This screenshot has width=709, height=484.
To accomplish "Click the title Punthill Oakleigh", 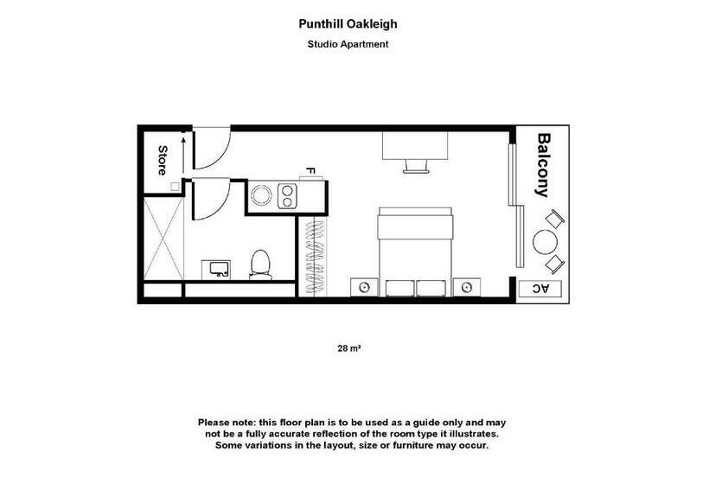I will coord(349,24).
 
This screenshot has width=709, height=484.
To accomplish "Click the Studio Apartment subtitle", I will coord(349,44).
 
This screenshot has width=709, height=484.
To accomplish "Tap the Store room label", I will coord(162,161).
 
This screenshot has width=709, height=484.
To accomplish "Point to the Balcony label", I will coord(544,164).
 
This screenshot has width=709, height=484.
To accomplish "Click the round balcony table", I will coord(545,242).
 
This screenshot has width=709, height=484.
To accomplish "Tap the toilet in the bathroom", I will coord(260,264).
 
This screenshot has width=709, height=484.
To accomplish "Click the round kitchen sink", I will coord(261,195).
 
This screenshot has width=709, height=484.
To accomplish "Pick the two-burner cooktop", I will coord(286,195).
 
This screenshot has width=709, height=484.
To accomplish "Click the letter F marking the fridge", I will coord(309,172).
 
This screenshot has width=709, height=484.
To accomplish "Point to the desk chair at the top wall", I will coord(415,165).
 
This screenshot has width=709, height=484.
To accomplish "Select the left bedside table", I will coord(363,287).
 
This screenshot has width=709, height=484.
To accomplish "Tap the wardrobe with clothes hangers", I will coord(316,255).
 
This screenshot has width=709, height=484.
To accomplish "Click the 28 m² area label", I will coord(348,349).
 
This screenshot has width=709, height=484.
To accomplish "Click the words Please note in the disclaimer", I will coord(223,421).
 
